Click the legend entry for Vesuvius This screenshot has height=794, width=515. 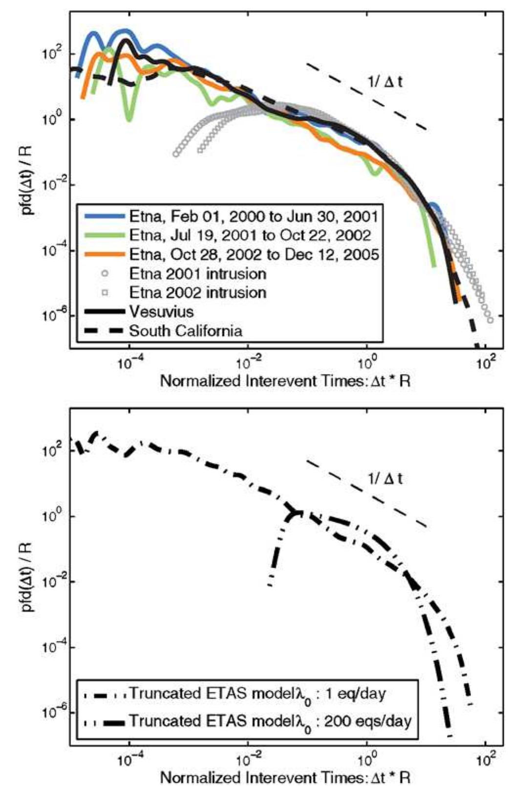pyautogui.click(x=161, y=311)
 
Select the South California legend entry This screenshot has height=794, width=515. pyautogui.click(x=185, y=331)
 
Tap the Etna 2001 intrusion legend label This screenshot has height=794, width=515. pyautogui.click(x=197, y=273)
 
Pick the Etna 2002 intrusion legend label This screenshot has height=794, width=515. pyautogui.click(x=197, y=292)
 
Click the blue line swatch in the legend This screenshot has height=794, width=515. pyautogui.click(x=105, y=216)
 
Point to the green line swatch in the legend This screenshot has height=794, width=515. pyautogui.click(x=105, y=235)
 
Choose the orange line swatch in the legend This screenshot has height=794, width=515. pyautogui.click(x=105, y=254)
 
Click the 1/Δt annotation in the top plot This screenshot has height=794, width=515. pyautogui.click(x=386, y=82)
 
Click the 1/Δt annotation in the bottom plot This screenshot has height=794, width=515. pyautogui.click(x=386, y=479)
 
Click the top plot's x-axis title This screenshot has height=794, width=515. pyautogui.click(x=285, y=381)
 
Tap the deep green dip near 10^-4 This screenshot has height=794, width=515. pyautogui.click(x=129, y=116)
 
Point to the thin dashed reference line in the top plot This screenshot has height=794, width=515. pyautogui.click(x=366, y=96)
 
